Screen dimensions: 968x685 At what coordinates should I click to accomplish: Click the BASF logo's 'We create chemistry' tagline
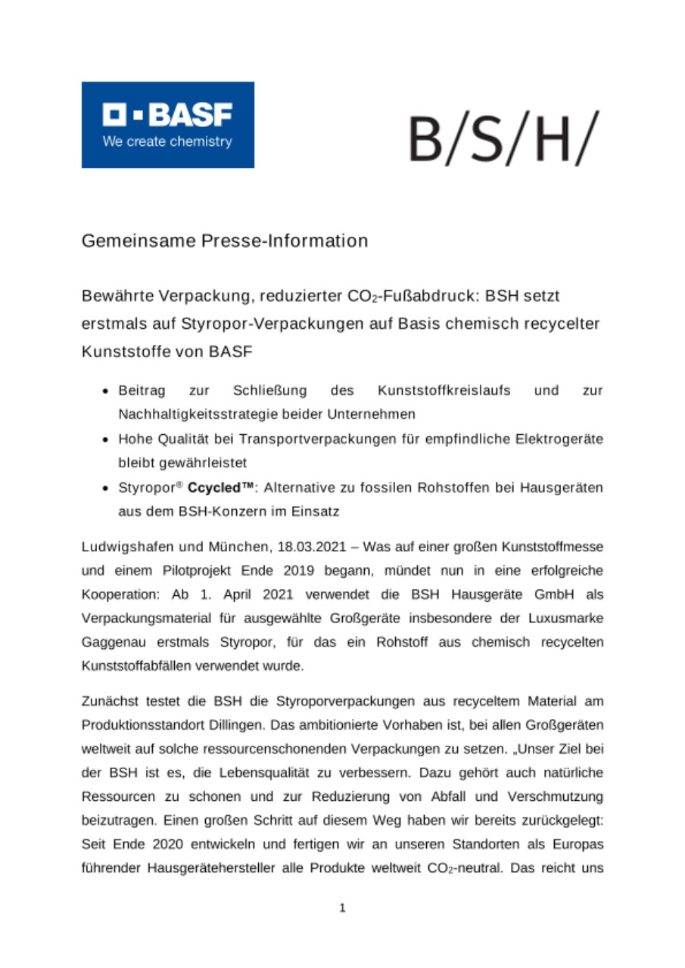tap(167, 141)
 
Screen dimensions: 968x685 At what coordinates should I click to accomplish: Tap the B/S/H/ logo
tap(503, 138)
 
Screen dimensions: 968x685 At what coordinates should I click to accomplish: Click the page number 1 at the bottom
tap(342, 908)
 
